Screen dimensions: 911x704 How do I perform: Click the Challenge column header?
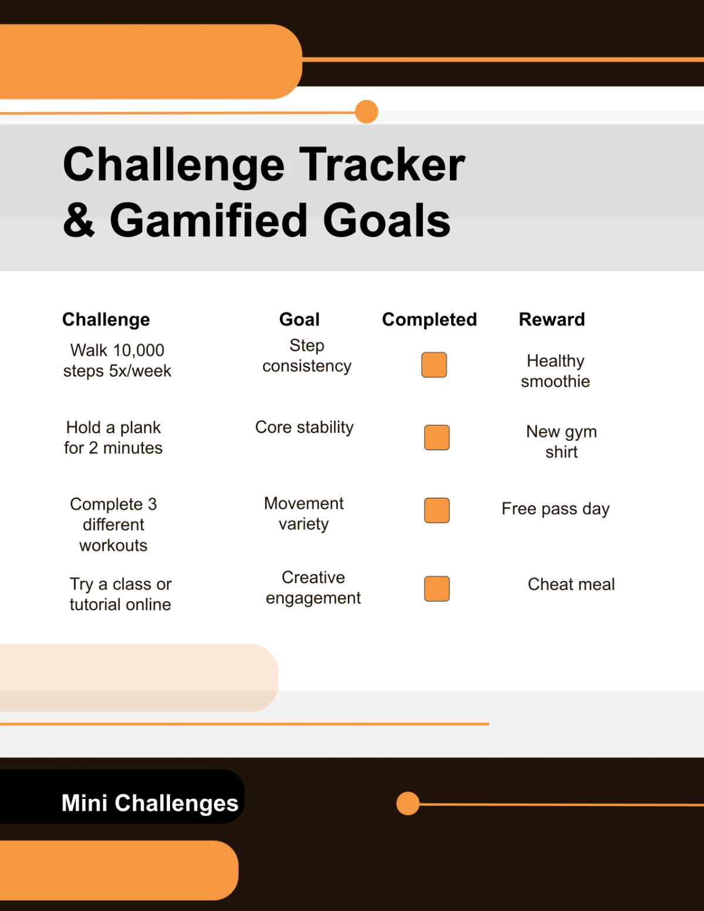(x=106, y=319)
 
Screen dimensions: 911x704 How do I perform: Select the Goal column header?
(x=299, y=319)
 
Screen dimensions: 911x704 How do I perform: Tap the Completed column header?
(x=429, y=319)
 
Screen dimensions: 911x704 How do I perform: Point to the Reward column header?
(x=551, y=319)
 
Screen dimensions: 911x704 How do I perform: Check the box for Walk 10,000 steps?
(x=434, y=365)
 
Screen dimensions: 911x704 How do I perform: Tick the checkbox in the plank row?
(x=436, y=437)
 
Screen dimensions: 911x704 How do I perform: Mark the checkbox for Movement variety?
(x=436, y=510)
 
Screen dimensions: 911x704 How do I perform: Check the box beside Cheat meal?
(x=436, y=589)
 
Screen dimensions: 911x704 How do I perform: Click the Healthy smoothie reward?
(x=555, y=371)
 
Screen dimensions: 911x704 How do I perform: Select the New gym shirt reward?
(x=561, y=441)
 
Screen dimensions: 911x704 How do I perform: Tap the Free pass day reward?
(x=555, y=508)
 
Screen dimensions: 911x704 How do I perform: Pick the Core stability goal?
(x=304, y=427)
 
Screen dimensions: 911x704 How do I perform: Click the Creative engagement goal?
(x=313, y=588)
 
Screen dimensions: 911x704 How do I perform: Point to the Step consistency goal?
(x=307, y=356)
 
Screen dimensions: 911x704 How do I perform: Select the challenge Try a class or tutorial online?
(x=120, y=594)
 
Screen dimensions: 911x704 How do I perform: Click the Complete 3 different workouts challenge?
(x=113, y=524)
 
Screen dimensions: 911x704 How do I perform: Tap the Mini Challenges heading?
(x=150, y=802)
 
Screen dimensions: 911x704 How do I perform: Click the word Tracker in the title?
(x=382, y=165)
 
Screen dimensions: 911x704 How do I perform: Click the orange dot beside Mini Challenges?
(x=408, y=803)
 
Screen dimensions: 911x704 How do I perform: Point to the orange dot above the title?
(x=367, y=112)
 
